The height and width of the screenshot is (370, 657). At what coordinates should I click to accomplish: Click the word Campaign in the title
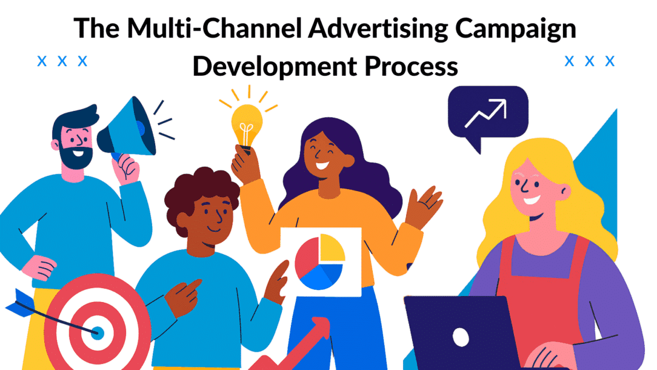[515, 29]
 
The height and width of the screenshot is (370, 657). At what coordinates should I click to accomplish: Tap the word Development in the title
[275, 66]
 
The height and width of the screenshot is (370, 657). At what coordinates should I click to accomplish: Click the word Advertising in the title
[378, 29]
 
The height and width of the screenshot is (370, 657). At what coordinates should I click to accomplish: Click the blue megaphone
[128, 128]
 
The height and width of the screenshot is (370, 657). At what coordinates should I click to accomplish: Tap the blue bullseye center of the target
[98, 333]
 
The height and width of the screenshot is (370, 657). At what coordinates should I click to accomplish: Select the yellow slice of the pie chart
[332, 248]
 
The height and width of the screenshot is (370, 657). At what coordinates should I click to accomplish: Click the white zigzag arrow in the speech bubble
[486, 113]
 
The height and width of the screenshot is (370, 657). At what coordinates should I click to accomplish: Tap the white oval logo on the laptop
[461, 337]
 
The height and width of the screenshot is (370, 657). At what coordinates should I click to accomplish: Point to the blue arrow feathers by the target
[19, 303]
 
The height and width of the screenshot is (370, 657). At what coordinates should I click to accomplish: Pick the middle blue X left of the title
[62, 61]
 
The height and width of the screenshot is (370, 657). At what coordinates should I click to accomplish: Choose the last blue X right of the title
[610, 61]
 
